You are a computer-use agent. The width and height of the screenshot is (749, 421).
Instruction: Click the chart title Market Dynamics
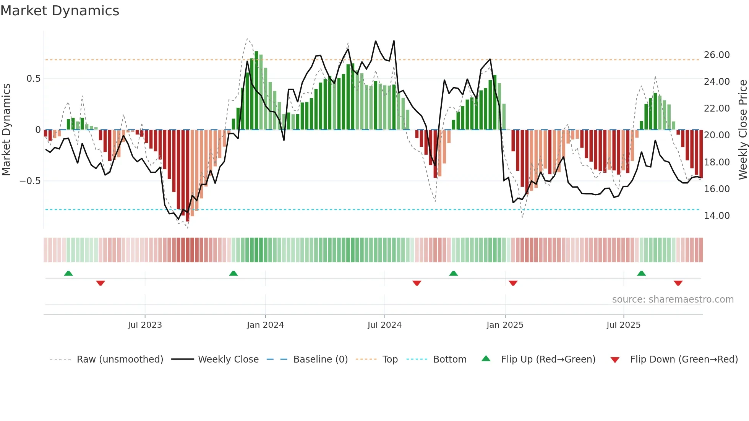tap(60, 11)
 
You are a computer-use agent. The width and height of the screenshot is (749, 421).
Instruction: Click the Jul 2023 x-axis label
tap(145, 325)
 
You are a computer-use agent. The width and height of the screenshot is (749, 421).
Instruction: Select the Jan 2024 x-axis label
tap(265, 325)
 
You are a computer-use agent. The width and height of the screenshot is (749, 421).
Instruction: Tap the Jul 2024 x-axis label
tap(384, 325)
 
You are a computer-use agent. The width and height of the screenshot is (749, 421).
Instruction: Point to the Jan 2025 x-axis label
tap(505, 325)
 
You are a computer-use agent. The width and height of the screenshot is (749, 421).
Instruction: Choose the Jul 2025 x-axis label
tap(623, 325)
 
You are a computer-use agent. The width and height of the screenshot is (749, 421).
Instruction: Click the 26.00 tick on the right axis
tap(717, 55)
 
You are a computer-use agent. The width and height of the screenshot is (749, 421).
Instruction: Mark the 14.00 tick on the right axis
tap(717, 216)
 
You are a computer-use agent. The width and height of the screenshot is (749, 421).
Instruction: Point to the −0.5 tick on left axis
tap(30, 181)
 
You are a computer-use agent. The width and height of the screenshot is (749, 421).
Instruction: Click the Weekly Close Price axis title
tap(743, 130)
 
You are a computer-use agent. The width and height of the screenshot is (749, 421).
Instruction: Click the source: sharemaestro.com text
tap(673, 300)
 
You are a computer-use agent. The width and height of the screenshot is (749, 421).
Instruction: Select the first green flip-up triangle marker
tap(68, 274)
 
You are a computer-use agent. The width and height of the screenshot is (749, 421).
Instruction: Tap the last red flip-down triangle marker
tap(678, 283)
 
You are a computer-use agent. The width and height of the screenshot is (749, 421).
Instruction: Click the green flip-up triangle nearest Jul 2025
tap(641, 274)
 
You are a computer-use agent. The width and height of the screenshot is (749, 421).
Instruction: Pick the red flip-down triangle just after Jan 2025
tap(513, 283)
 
